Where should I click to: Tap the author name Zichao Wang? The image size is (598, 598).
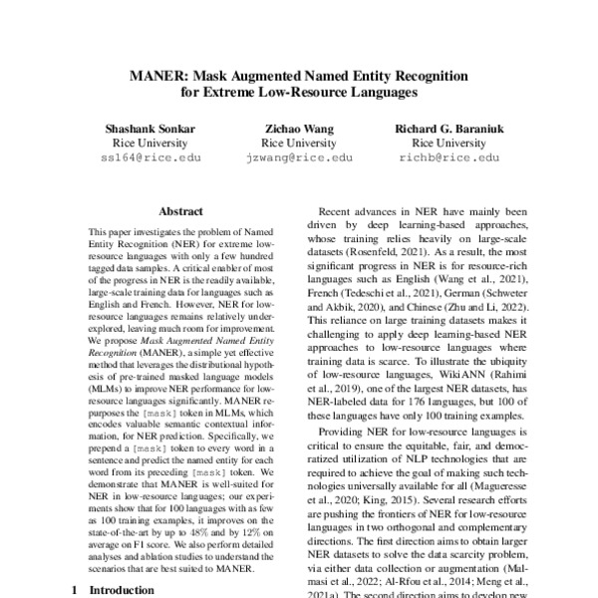click(x=299, y=129)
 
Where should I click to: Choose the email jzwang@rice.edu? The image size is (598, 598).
click(x=299, y=157)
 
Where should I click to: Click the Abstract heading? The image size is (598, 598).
click(x=181, y=212)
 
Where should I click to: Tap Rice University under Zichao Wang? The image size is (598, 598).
click(x=299, y=144)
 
